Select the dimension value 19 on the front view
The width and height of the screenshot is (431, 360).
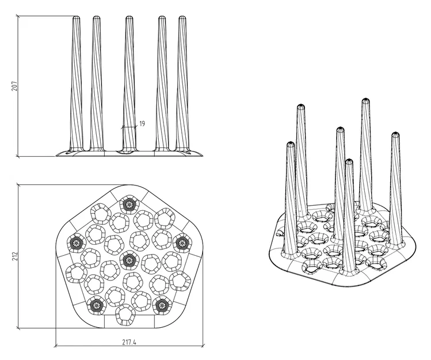tap(142, 124)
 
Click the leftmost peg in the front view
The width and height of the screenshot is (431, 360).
tap(76, 86)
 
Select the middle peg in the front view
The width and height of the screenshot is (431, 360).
tap(129, 86)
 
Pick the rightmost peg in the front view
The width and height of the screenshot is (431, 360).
tap(183, 86)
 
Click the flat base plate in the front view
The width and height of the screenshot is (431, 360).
tap(129, 153)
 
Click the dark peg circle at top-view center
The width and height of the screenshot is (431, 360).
tap(129, 260)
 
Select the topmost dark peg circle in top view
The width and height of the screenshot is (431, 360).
tap(128, 203)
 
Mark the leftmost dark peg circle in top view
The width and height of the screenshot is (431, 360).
tap(75, 243)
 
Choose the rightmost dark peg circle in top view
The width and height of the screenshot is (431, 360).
tap(182, 243)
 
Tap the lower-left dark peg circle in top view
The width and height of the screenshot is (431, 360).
tap(96, 305)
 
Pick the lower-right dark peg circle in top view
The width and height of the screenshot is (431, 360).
tap(162, 305)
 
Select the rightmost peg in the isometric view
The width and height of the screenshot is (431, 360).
tap(396, 184)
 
